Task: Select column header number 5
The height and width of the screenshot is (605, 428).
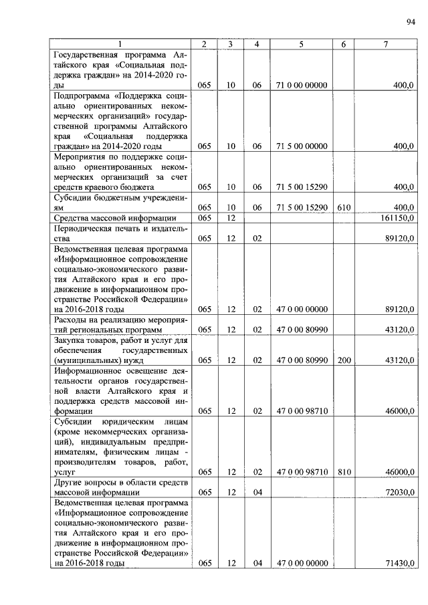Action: coord(301,44)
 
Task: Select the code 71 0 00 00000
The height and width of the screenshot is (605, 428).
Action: coord(301,86)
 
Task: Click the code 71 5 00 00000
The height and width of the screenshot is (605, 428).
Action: coord(301,146)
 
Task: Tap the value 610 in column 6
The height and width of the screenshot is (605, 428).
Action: coord(344,208)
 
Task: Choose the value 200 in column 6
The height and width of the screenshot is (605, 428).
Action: coord(344,360)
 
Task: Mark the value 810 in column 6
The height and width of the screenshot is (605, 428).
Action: coord(344,472)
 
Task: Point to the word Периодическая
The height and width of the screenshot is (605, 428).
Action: coord(86,228)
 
